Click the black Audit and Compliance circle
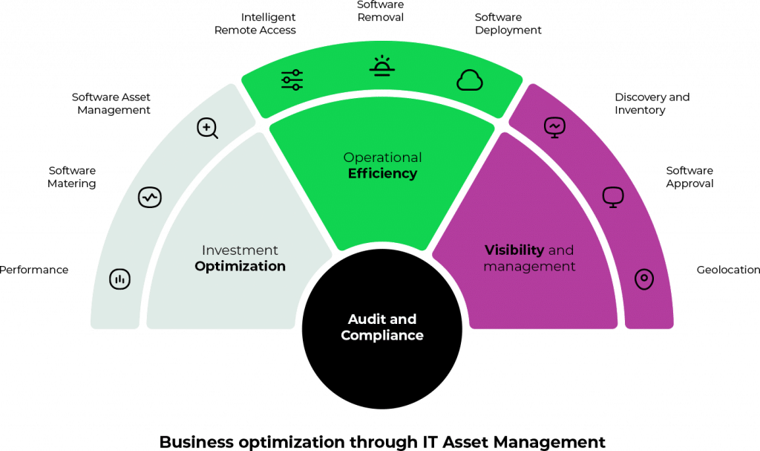382,328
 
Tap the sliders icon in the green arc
292,80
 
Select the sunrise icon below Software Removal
382,66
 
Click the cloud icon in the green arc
469,80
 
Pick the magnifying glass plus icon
208,128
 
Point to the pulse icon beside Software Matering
150,198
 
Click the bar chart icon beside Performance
119,279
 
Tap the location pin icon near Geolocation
644,279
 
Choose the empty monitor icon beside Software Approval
613,197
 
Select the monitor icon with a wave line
554,128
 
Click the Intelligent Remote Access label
255,23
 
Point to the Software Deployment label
508,23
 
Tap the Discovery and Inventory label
652,103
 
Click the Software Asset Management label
111,103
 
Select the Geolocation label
728,270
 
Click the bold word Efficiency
382,173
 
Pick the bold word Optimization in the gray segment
240,266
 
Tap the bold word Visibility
514,250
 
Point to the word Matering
72,184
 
